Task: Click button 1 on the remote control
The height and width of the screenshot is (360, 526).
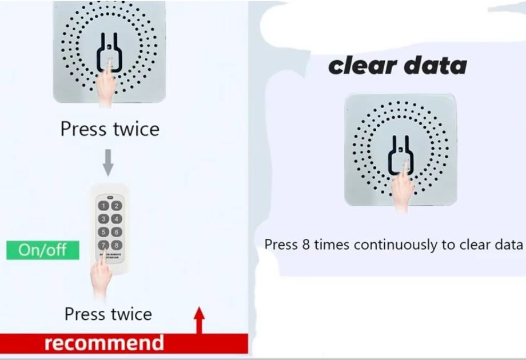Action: click(103, 206)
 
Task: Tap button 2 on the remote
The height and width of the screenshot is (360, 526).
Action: click(116, 206)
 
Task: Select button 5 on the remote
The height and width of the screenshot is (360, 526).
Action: click(103, 232)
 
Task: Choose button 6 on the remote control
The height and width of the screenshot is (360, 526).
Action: click(116, 232)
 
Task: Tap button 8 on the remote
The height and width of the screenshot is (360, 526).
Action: click(116, 245)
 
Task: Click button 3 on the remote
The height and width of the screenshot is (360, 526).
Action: click(103, 219)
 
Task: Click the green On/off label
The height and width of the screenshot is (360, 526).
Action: click(43, 250)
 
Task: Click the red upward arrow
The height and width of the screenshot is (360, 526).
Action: click(199, 320)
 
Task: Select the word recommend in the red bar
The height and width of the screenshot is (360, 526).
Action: click(104, 343)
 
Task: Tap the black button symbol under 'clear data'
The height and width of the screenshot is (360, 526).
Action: click(400, 154)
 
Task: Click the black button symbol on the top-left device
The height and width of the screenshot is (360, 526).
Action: click(109, 54)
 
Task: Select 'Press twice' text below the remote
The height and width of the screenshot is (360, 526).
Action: click(108, 314)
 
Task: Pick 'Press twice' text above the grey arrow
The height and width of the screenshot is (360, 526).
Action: click(110, 129)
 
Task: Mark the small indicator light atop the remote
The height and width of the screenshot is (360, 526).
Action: click(110, 194)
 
